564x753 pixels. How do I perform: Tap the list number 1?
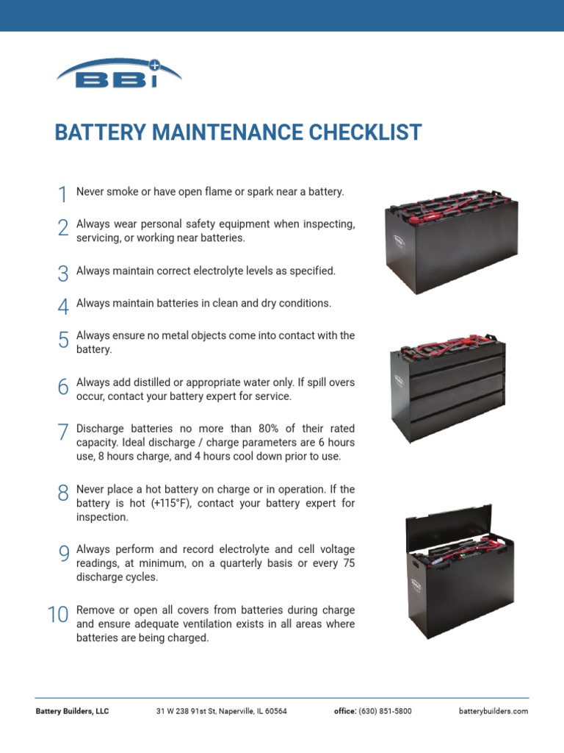62,194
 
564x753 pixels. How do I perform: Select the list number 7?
62,432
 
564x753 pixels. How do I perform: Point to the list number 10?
57,615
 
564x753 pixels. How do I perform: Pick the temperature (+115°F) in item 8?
172,504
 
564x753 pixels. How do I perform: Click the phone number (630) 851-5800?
385,712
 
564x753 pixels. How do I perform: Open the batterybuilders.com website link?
493,712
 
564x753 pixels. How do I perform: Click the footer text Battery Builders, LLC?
72,712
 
